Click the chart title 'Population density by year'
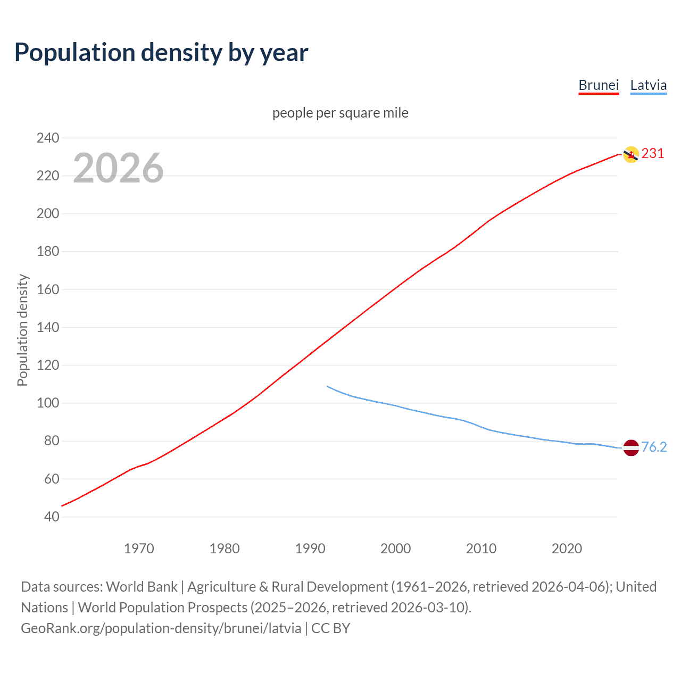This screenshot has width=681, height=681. pos(161,53)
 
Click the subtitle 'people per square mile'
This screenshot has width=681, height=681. pos(340,113)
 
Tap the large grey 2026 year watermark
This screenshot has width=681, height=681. pos(118,168)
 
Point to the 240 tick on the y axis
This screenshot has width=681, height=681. pos(48,138)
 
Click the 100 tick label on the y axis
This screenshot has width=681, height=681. pos(48,403)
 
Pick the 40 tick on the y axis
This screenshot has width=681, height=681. pos(52,517)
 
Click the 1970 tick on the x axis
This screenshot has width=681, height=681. pos(139,548)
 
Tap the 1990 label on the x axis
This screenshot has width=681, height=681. pos(310,548)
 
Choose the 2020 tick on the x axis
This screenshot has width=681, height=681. pos(567,548)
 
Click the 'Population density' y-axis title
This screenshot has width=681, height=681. pos(22,330)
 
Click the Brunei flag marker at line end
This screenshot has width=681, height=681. pos(630,154)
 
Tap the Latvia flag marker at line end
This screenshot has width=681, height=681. pos(630,447)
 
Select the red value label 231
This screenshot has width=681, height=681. pos(653,154)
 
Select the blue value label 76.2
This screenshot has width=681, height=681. pos(654,447)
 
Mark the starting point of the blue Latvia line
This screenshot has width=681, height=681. pos(327,386)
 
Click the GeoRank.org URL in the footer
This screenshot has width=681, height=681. pos(161,628)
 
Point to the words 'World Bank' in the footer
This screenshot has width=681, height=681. pos(142,586)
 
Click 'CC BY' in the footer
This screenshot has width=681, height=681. pos(330,628)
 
